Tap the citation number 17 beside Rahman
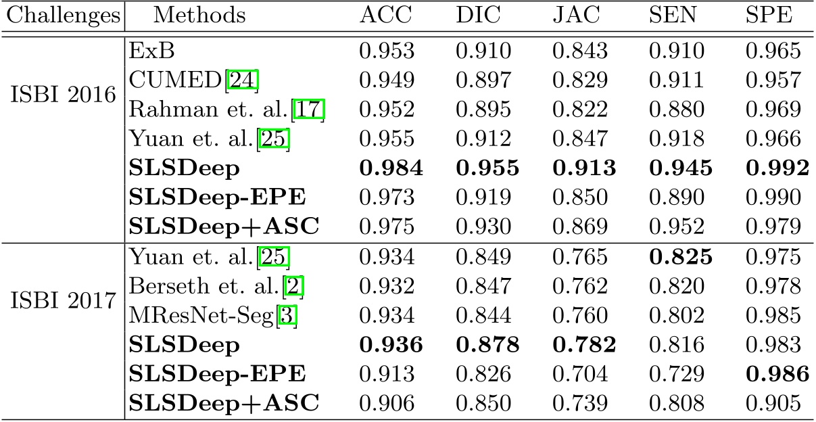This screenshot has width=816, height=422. coord(315,109)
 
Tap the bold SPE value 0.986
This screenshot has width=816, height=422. coord(776,374)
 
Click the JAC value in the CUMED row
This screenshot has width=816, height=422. coord(581,80)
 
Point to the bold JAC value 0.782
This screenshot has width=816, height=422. coord(583,344)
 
